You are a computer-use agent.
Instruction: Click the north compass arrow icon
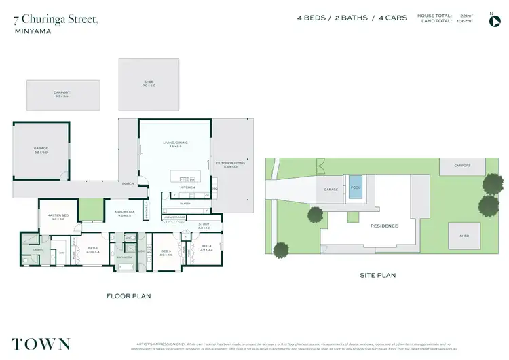(494, 20)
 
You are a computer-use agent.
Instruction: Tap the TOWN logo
(41, 343)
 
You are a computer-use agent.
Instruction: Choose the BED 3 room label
(166, 253)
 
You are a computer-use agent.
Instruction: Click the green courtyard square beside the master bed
(90, 210)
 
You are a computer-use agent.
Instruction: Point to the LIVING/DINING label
(174, 143)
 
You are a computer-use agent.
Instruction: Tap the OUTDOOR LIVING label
(231, 163)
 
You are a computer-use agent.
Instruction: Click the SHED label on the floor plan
(149, 82)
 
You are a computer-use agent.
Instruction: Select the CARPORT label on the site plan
(462, 165)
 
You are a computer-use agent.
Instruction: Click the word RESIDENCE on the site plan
(383, 226)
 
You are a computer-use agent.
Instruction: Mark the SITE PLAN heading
(377, 275)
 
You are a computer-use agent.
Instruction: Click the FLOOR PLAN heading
(128, 295)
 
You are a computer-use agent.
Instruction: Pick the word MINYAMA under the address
(29, 31)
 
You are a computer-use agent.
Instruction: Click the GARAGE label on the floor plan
(41, 148)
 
